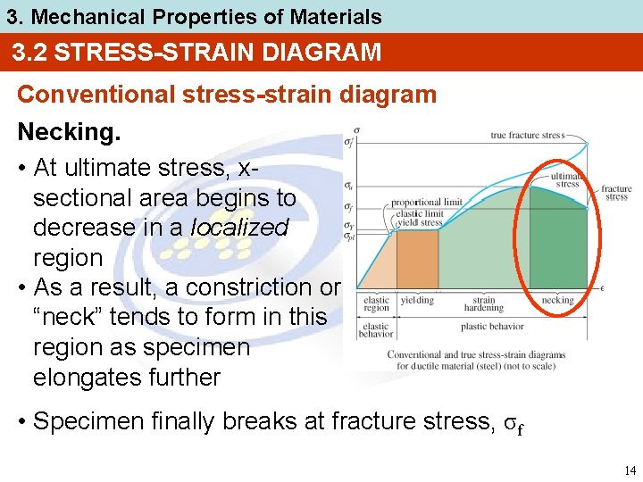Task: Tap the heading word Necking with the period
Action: [69, 132]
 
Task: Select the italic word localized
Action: [240, 228]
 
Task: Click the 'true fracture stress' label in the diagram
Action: [527, 136]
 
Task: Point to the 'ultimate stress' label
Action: [568, 180]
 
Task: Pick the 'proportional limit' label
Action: [426, 203]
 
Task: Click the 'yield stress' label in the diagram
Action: [419, 223]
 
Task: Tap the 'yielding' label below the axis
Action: [417, 301]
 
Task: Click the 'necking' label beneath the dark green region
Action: [557, 301]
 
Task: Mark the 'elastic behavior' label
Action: [376, 330]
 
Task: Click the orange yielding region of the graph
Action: [417, 259]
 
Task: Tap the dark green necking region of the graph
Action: [554, 241]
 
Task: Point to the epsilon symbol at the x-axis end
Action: [603, 288]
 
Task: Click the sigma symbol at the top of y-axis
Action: [357, 129]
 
